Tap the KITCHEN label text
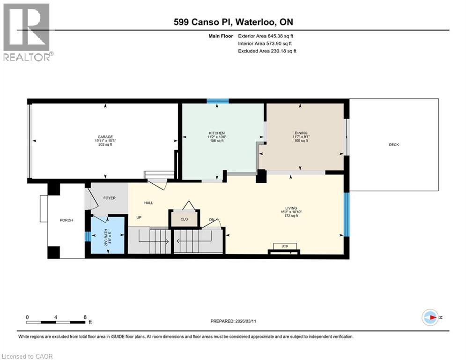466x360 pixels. [217, 133]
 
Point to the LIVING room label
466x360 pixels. [291, 208]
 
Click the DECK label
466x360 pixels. [394, 145]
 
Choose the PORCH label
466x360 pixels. [67, 220]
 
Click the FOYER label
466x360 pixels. [109, 198]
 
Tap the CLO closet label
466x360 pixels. [184, 219]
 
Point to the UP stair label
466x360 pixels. [139, 218]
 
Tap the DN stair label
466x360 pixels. [212, 219]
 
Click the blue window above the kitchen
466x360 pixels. [218, 100]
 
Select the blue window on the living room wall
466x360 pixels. [347, 214]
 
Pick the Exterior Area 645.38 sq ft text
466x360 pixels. [266, 36]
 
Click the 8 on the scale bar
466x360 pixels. [85, 317]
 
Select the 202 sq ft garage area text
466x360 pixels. [104, 145]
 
